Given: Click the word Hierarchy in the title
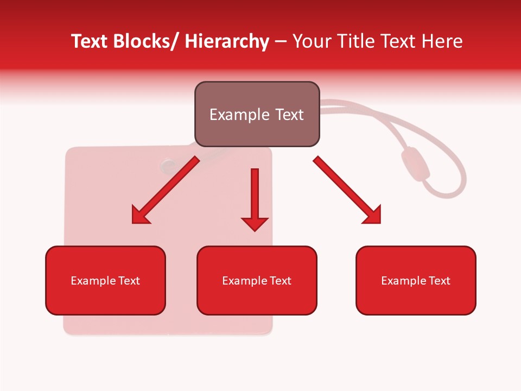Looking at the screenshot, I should tap(227, 41).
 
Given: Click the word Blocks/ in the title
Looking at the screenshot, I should tap(145, 41).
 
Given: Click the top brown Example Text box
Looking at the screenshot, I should tap(257, 114).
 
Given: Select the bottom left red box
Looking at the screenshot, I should tap(105, 281).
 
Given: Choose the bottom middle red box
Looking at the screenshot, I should tap(257, 281).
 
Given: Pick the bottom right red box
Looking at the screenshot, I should tap(416, 281).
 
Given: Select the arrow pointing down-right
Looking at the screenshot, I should tap(347, 190).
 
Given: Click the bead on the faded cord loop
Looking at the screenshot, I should tap(415, 164).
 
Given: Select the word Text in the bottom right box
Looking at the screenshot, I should tap(438, 281).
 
